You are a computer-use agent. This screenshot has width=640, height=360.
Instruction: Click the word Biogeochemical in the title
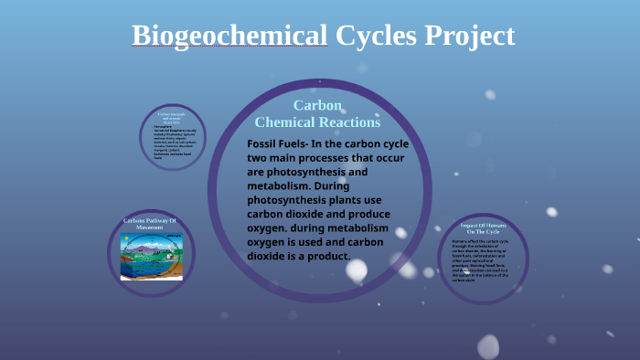pyautogui.click(x=229, y=36)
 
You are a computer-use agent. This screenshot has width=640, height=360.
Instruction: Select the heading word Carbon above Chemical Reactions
pyautogui.click(x=317, y=106)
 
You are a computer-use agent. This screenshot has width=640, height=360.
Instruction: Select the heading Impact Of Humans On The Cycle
pyautogui.click(x=484, y=228)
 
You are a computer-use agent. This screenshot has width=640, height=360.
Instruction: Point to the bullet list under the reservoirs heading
pyautogui.click(x=173, y=144)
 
